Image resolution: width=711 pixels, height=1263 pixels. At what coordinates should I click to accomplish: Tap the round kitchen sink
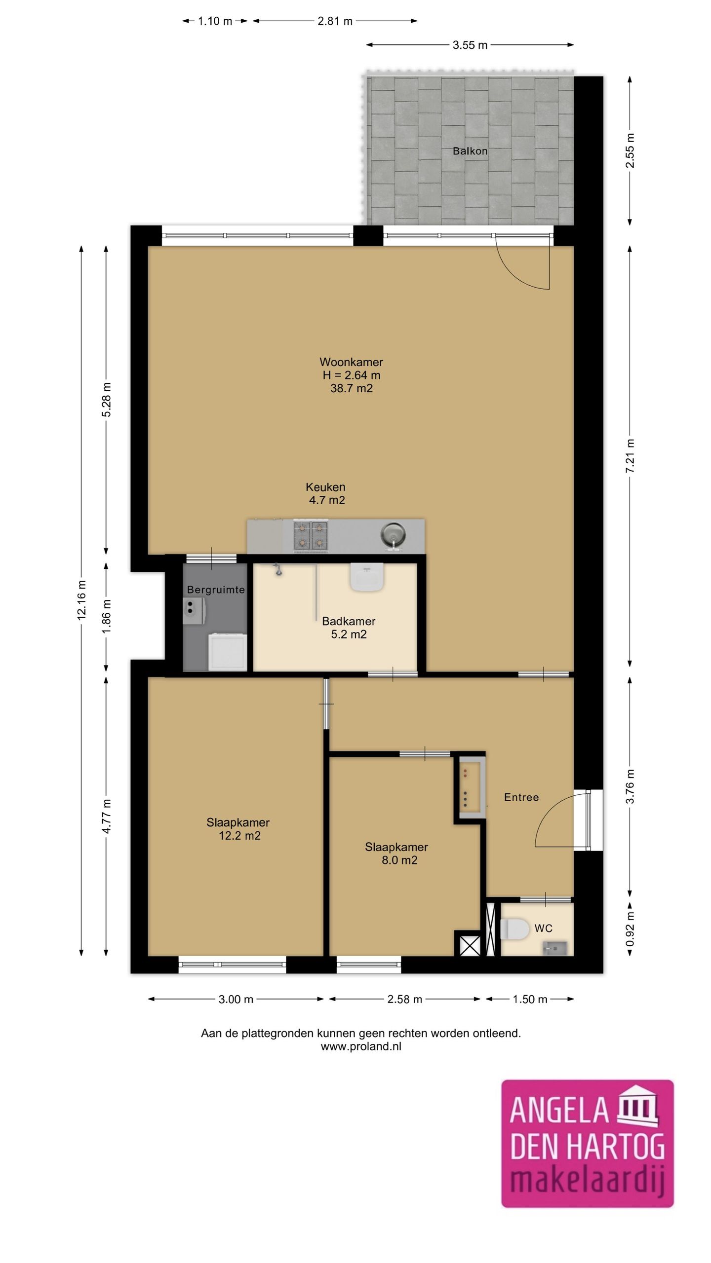tap(393, 535)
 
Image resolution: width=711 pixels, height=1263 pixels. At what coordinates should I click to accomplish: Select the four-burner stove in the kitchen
tap(311, 535)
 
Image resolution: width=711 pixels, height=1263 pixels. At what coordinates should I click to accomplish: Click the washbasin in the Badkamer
tap(367, 576)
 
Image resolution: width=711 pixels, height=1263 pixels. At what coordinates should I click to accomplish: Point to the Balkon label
tap(470, 151)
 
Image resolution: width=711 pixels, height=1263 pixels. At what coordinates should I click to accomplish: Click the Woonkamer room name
tap(351, 362)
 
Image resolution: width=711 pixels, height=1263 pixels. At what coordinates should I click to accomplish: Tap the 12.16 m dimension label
tap(81, 600)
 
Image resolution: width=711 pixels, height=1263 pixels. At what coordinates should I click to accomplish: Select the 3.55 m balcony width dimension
tap(470, 45)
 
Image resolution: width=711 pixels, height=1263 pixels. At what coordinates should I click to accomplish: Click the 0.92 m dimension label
tap(630, 929)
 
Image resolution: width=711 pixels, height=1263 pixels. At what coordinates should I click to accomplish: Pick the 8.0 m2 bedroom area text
tap(399, 860)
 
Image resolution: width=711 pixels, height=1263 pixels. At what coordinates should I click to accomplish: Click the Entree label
tap(521, 797)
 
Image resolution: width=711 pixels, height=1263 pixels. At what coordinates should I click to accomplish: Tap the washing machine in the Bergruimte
tap(227, 652)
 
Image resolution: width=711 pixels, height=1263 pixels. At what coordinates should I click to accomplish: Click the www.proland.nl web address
tap(361, 1046)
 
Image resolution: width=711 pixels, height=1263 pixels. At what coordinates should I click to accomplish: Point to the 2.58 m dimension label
tap(404, 999)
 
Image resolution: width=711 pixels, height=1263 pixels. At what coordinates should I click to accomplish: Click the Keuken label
tap(325, 487)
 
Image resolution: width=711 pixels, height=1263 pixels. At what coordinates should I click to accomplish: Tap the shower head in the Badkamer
tap(278, 570)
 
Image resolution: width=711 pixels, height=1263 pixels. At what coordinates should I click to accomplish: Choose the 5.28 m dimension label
tap(107, 400)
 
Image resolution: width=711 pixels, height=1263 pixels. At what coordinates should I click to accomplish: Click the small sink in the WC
tap(555, 948)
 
